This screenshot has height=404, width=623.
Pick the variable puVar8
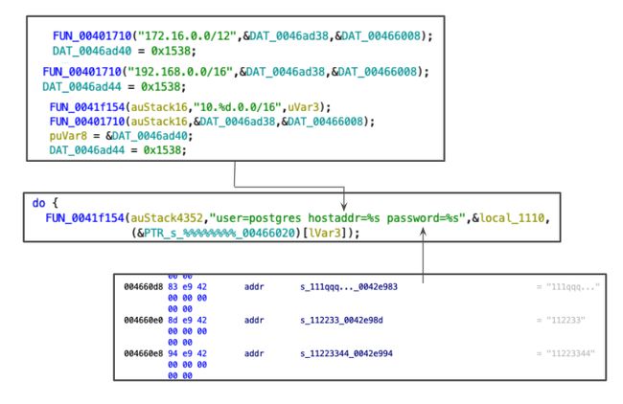[x=68, y=136]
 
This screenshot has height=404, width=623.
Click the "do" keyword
[x=39, y=205]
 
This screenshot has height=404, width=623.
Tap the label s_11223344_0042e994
[x=346, y=352]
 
